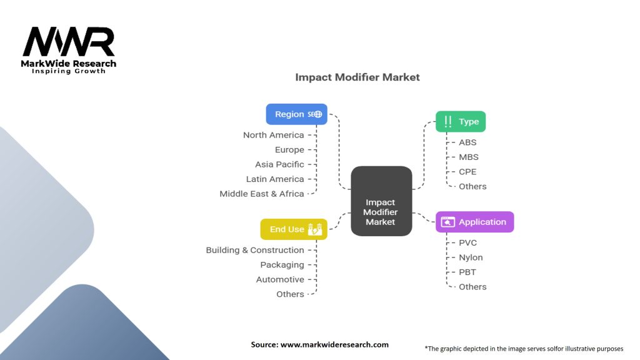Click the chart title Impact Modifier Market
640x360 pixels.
(357, 77)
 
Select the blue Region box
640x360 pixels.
(296, 114)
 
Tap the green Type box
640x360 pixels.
(460, 122)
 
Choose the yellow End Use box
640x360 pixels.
(293, 229)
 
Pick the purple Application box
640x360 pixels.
(474, 222)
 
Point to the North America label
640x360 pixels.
(273, 135)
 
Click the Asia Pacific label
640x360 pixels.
(279, 164)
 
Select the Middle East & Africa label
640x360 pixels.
(261, 194)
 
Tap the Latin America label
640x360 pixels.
(274, 179)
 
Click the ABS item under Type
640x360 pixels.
(467, 142)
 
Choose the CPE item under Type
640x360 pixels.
(467, 172)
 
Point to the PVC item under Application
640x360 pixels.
(467, 242)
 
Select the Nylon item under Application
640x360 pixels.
(471, 257)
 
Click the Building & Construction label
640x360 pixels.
(255, 250)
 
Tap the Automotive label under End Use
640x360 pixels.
(280, 279)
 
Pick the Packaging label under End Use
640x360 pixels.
(282, 265)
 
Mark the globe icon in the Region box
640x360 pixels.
(318, 114)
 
